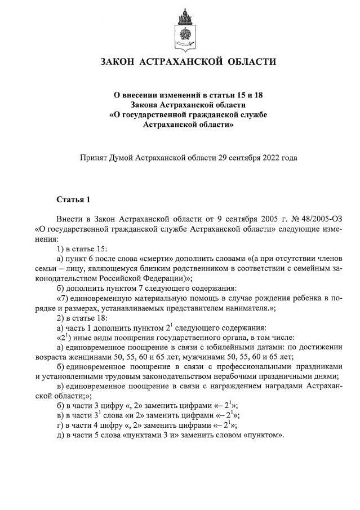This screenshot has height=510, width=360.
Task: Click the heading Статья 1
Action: pyautogui.click(x=73, y=199)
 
